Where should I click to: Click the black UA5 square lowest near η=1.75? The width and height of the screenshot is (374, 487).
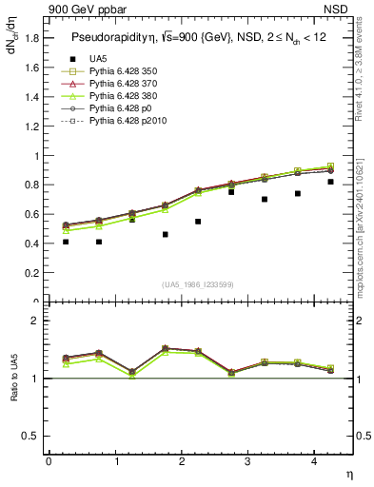(165, 234)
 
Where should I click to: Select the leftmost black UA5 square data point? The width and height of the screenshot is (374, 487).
(66, 242)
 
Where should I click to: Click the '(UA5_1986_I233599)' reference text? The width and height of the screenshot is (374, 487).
(200, 284)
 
